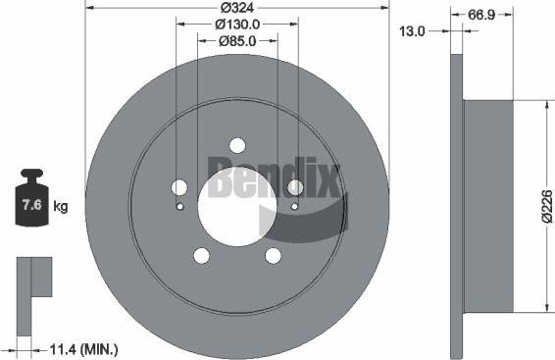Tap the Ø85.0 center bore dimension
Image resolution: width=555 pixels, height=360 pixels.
(236, 41)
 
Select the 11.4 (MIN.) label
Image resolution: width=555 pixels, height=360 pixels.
(83, 348)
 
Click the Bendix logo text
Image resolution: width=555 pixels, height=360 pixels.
(274, 180)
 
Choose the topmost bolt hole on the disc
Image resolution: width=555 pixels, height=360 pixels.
(236, 144)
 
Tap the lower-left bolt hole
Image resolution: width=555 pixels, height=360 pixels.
(202, 256)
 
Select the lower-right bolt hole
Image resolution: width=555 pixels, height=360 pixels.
(272, 256)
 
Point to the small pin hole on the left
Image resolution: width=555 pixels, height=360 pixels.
(178, 207)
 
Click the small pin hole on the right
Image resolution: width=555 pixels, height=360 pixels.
(294, 207)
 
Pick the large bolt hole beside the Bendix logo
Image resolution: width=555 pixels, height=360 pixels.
(294, 187)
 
